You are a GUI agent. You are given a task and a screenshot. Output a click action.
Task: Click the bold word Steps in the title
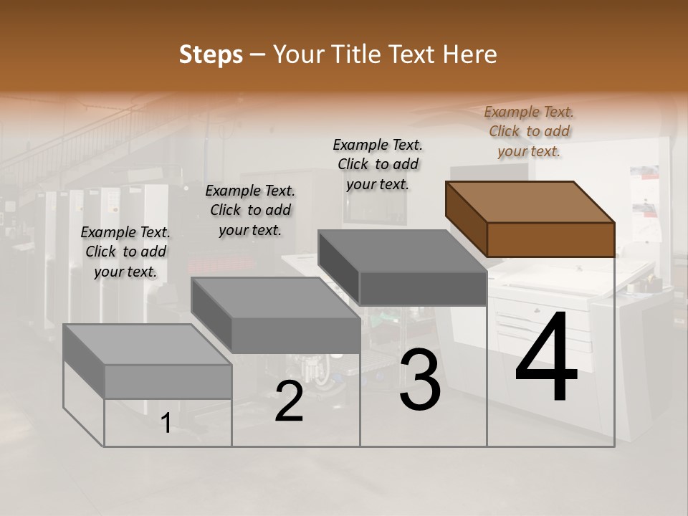tap(210, 55)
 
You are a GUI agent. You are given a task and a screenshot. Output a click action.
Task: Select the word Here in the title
tap(470, 54)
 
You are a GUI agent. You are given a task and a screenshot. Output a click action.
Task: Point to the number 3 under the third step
tap(420, 380)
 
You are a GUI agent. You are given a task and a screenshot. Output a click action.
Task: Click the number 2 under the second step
tap(289, 402)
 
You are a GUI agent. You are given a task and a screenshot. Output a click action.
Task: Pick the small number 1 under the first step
tap(166, 424)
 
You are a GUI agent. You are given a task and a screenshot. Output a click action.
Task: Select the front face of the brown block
tap(550, 239)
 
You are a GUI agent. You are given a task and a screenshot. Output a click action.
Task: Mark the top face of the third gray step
tap(402, 250)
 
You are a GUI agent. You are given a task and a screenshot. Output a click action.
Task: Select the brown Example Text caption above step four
tap(529, 131)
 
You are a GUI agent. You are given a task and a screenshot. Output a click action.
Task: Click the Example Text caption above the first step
tap(125, 252)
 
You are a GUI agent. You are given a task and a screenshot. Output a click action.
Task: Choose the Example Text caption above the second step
tap(250, 210)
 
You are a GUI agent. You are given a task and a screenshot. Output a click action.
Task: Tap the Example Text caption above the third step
tap(378, 164)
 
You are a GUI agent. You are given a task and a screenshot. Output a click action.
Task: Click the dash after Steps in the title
tap(258, 55)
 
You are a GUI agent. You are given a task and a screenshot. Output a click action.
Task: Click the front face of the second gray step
tap(296, 335)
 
